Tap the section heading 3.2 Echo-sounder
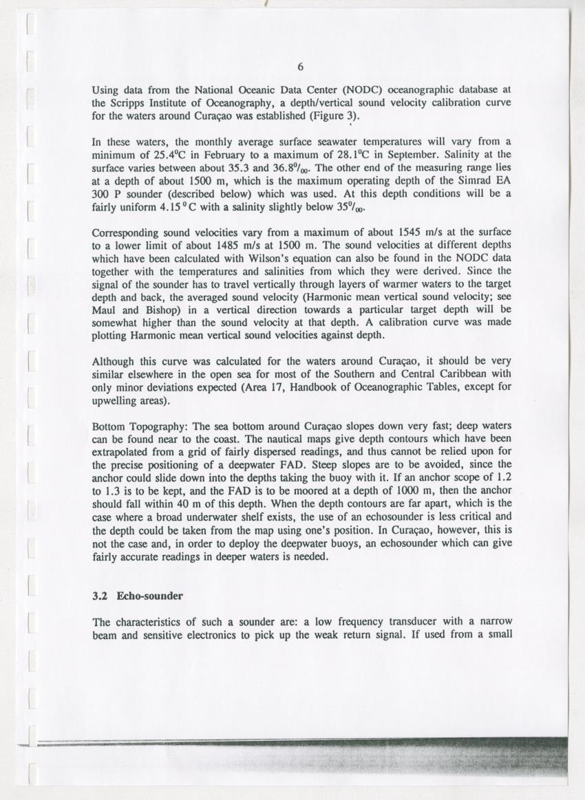tap(138, 596)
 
